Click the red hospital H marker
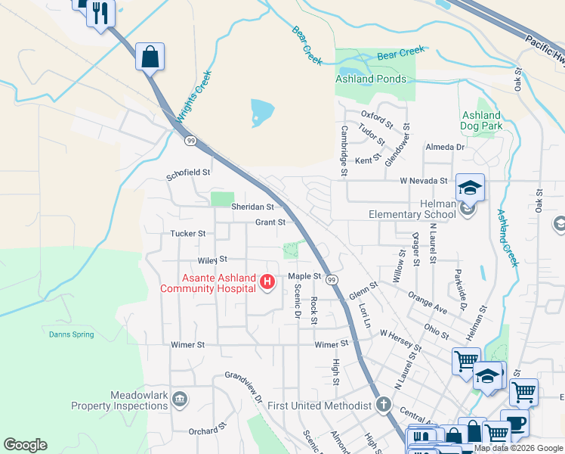click(x=267, y=282)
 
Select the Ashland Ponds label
click(x=371, y=79)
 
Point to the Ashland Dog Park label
click(x=481, y=121)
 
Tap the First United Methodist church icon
click(x=384, y=405)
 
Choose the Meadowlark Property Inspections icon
click(x=180, y=400)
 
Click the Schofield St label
click(x=188, y=173)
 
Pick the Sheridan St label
click(x=252, y=207)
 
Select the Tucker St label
click(x=188, y=234)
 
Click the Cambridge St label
click(x=344, y=151)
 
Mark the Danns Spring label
click(x=72, y=334)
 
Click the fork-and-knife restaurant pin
click(x=100, y=13)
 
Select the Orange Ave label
click(x=428, y=302)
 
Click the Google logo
click(x=25, y=445)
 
